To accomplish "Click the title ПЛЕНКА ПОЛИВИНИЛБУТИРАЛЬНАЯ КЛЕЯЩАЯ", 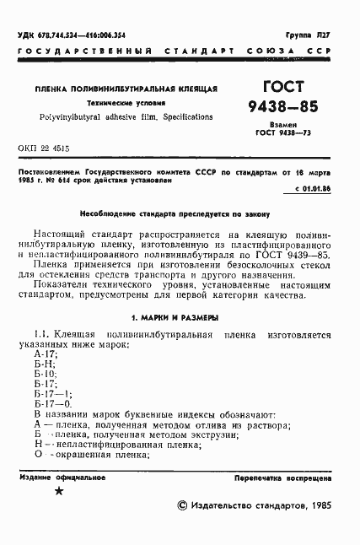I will click(126, 88).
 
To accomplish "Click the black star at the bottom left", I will click(58, 491).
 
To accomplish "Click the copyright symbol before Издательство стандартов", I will click(183, 506).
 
